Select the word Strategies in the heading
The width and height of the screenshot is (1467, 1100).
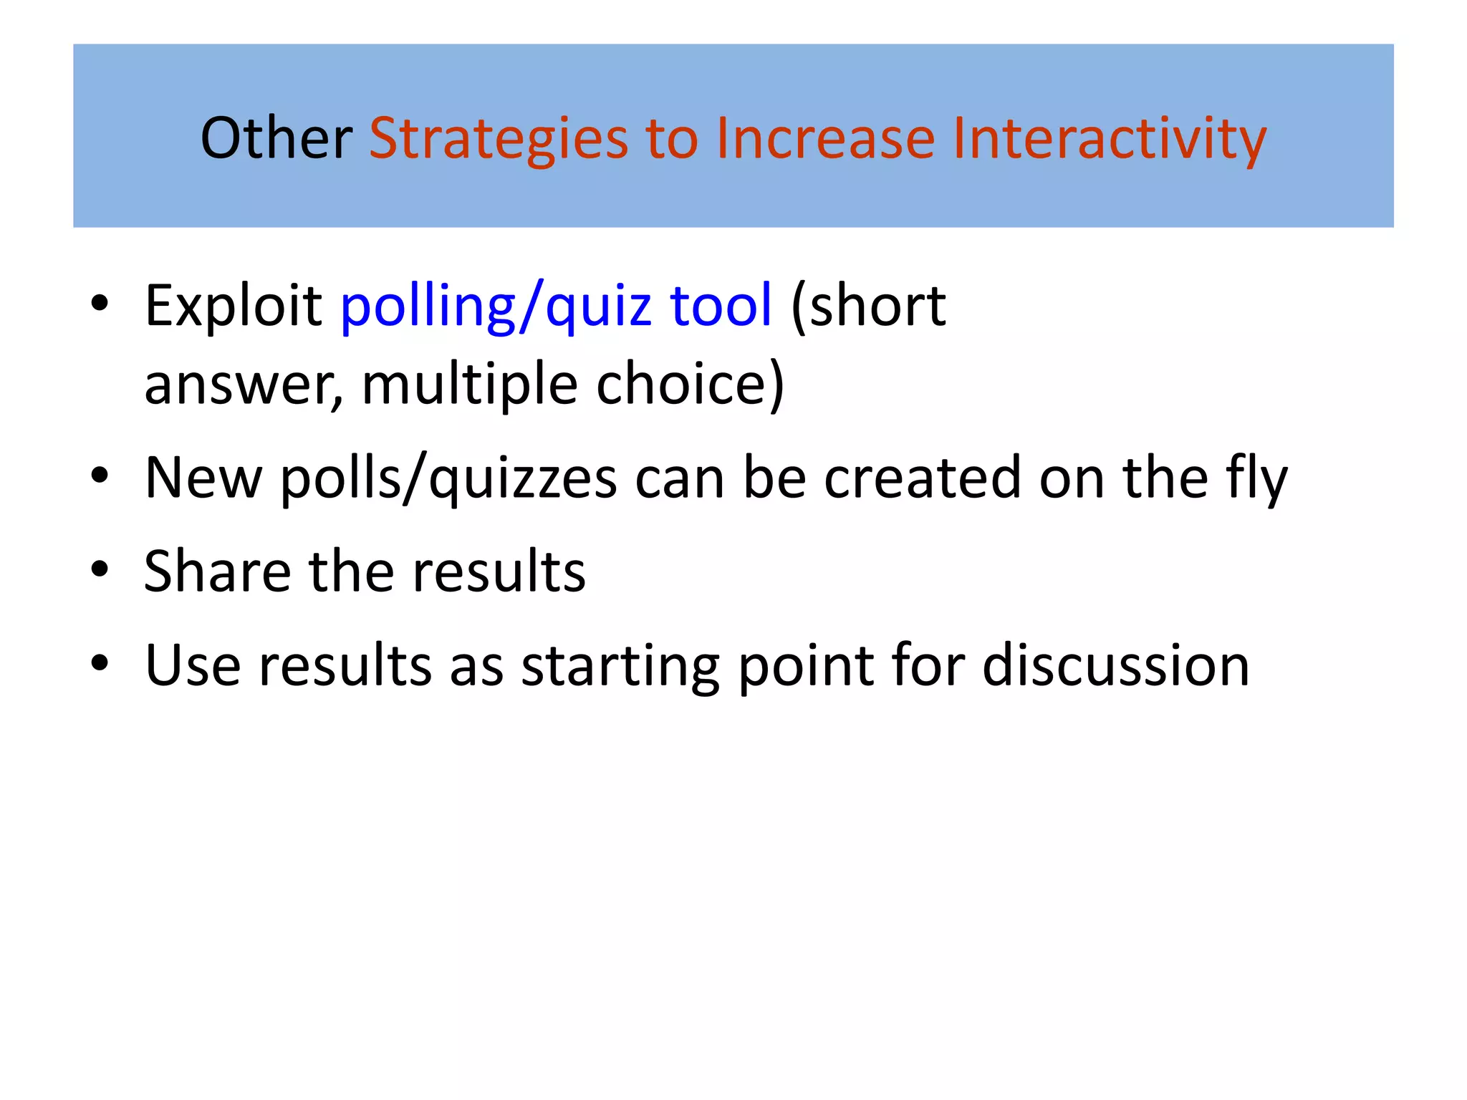click(x=498, y=139)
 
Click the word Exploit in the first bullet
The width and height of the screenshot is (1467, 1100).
click(x=233, y=307)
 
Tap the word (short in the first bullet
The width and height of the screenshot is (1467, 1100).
click(x=868, y=307)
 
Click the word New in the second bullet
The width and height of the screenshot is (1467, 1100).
click(x=203, y=478)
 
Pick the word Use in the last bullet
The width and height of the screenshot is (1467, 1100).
click(x=193, y=666)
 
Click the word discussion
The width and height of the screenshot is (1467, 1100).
click(x=1116, y=666)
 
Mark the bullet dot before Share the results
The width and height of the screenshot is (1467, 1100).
click(x=100, y=569)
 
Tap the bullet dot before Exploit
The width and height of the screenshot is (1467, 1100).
click(x=100, y=303)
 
